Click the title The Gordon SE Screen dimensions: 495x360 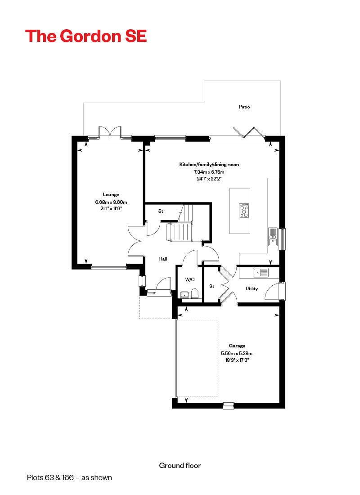(86, 36)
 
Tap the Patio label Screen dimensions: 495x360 (244, 107)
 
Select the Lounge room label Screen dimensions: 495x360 (111, 194)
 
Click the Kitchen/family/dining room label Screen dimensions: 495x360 (209, 165)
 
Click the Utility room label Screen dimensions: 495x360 (252, 288)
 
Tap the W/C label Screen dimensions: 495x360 (189, 279)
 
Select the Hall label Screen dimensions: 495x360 (162, 259)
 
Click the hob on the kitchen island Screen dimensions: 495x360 (244, 211)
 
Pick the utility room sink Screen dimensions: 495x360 (261, 272)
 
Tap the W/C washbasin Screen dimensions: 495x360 (184, 295)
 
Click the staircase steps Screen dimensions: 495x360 (179, 232)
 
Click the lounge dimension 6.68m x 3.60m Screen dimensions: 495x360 (111, 202)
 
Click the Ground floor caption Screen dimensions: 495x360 (180, 465)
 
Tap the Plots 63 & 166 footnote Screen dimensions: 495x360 (69, 477)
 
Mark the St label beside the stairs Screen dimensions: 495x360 (160, 211)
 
